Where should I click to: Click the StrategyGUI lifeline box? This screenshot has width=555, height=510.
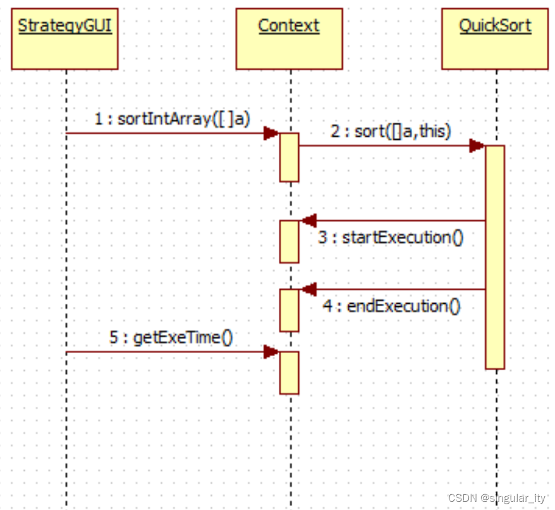(x=64, y=39)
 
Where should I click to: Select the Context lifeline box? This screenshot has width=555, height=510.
(x=289, y=39)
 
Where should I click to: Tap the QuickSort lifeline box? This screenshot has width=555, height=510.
(x=494, y=39)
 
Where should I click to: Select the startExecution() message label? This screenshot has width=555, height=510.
(x=391, y=238)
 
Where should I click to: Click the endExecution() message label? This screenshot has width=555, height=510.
(x=391, y=306)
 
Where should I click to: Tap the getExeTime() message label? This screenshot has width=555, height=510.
(x=171, y=337)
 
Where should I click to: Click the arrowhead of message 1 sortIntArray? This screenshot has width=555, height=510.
(x=272, y=133)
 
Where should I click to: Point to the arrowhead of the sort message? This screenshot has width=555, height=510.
(x=477, y=146)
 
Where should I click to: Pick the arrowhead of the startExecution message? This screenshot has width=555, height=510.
(x=308, y=221)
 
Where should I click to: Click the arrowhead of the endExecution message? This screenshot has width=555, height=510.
(x=308, y=289)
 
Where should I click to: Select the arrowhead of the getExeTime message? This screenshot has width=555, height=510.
(x=272, y=352)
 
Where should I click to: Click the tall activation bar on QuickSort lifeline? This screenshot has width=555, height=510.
(x=494, y=257)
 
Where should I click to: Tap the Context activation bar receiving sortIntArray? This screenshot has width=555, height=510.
(x=290, y=157)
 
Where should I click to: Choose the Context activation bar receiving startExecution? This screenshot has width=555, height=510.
(x=290, y=242)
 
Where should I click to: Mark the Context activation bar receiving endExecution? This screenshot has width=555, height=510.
(x=290, y=310)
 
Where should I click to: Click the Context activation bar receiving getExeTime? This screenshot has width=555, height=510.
(x=290, y=373)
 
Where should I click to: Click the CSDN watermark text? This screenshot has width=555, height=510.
(x=497, y=498)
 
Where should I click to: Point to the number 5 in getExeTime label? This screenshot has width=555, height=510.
(x=114, y=337)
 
